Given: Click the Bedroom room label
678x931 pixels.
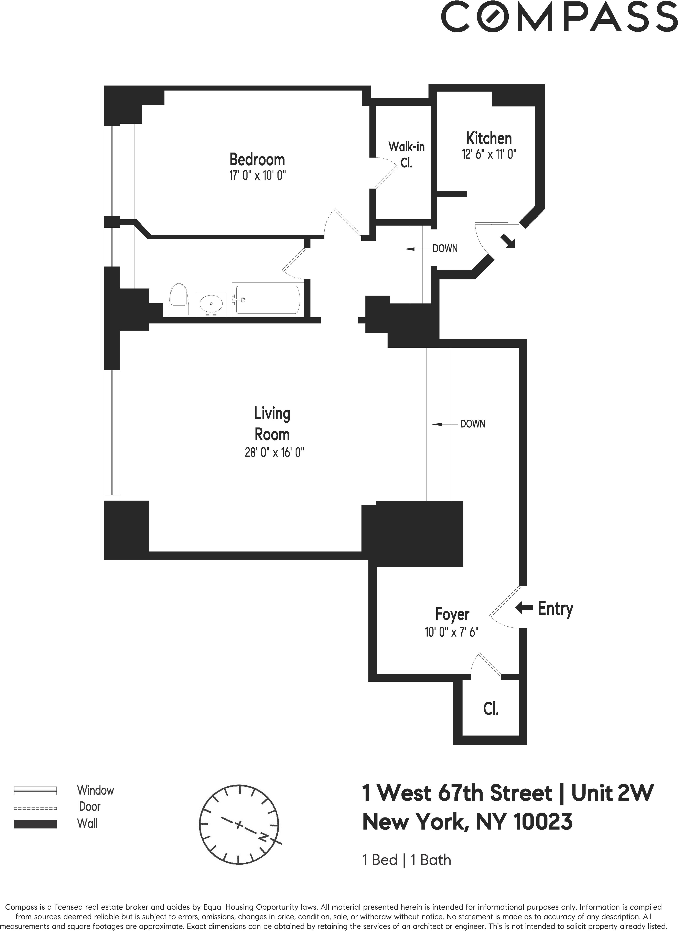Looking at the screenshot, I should point(257,159).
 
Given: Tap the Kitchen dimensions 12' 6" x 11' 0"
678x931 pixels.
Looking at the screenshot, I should point(489,155).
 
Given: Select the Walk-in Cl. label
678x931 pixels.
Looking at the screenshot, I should point(406,155).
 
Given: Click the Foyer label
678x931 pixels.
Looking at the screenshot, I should point(452,614).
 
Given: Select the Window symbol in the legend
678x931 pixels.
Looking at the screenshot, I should point(35,791).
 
